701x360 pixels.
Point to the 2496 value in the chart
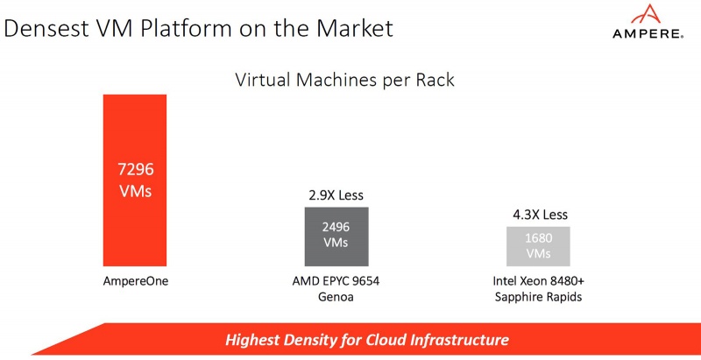point(336,227)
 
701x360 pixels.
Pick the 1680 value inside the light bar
point(538,237)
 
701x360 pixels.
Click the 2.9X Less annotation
point(336,194)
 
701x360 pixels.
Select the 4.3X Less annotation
point(538,214)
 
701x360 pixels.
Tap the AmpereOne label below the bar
point(135,283)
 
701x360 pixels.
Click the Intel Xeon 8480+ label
point(538,283)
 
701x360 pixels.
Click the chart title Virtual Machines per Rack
point(344,81)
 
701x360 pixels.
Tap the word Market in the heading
point(350,28)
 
